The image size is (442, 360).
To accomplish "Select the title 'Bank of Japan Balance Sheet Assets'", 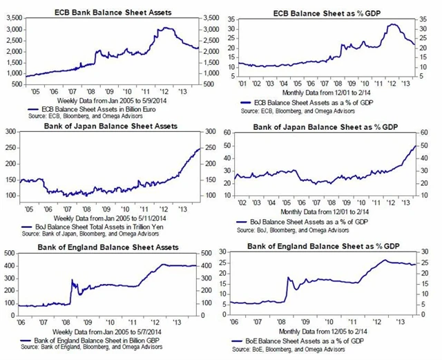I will click(x=110, y=126).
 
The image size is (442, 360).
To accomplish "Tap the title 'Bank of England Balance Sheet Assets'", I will click(x=111, y=247).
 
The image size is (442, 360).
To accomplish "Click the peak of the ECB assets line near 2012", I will click(x=164, y=28).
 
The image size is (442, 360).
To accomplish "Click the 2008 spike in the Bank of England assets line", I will click(x=72, y=280).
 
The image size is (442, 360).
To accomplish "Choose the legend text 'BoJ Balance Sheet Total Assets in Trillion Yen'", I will click(x=98, y=226).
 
